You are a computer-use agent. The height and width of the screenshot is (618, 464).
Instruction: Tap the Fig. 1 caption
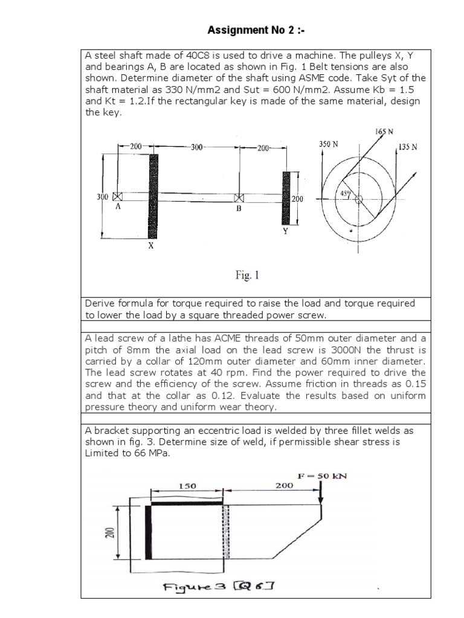(x=247, y=276)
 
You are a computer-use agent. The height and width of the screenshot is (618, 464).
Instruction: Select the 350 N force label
(x=328, y=144)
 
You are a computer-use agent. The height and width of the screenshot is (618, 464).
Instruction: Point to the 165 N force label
(x=384, y=131)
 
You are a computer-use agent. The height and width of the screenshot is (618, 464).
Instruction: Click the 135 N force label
(x=408, y=146)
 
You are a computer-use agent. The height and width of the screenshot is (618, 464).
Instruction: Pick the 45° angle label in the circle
(x=347, y=194)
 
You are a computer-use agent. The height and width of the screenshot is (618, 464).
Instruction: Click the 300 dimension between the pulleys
(x=198, y=147)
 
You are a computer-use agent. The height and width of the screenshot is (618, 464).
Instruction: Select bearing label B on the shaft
(x=239, y=209)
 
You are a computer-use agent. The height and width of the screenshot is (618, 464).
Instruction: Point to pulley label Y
(x=285, y=230)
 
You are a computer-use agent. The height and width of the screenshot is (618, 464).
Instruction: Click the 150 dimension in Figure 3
(x=187, y=485)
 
